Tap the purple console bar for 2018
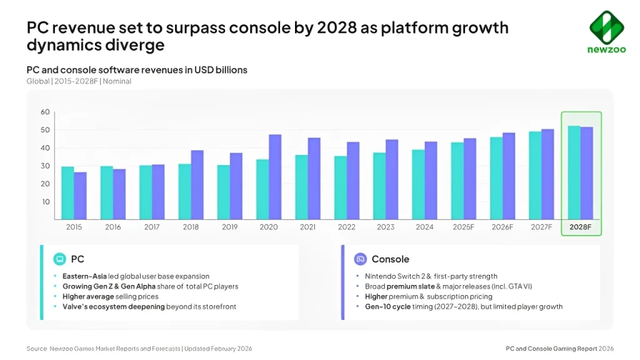197,184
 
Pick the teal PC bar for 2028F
574,172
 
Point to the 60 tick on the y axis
45,112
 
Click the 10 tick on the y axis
45,202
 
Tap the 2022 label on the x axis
347,227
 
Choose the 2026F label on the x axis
502,227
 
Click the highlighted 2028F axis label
581,227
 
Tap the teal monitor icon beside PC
60,259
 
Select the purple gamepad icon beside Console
360,259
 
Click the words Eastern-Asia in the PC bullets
83,276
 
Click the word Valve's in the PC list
74,307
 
